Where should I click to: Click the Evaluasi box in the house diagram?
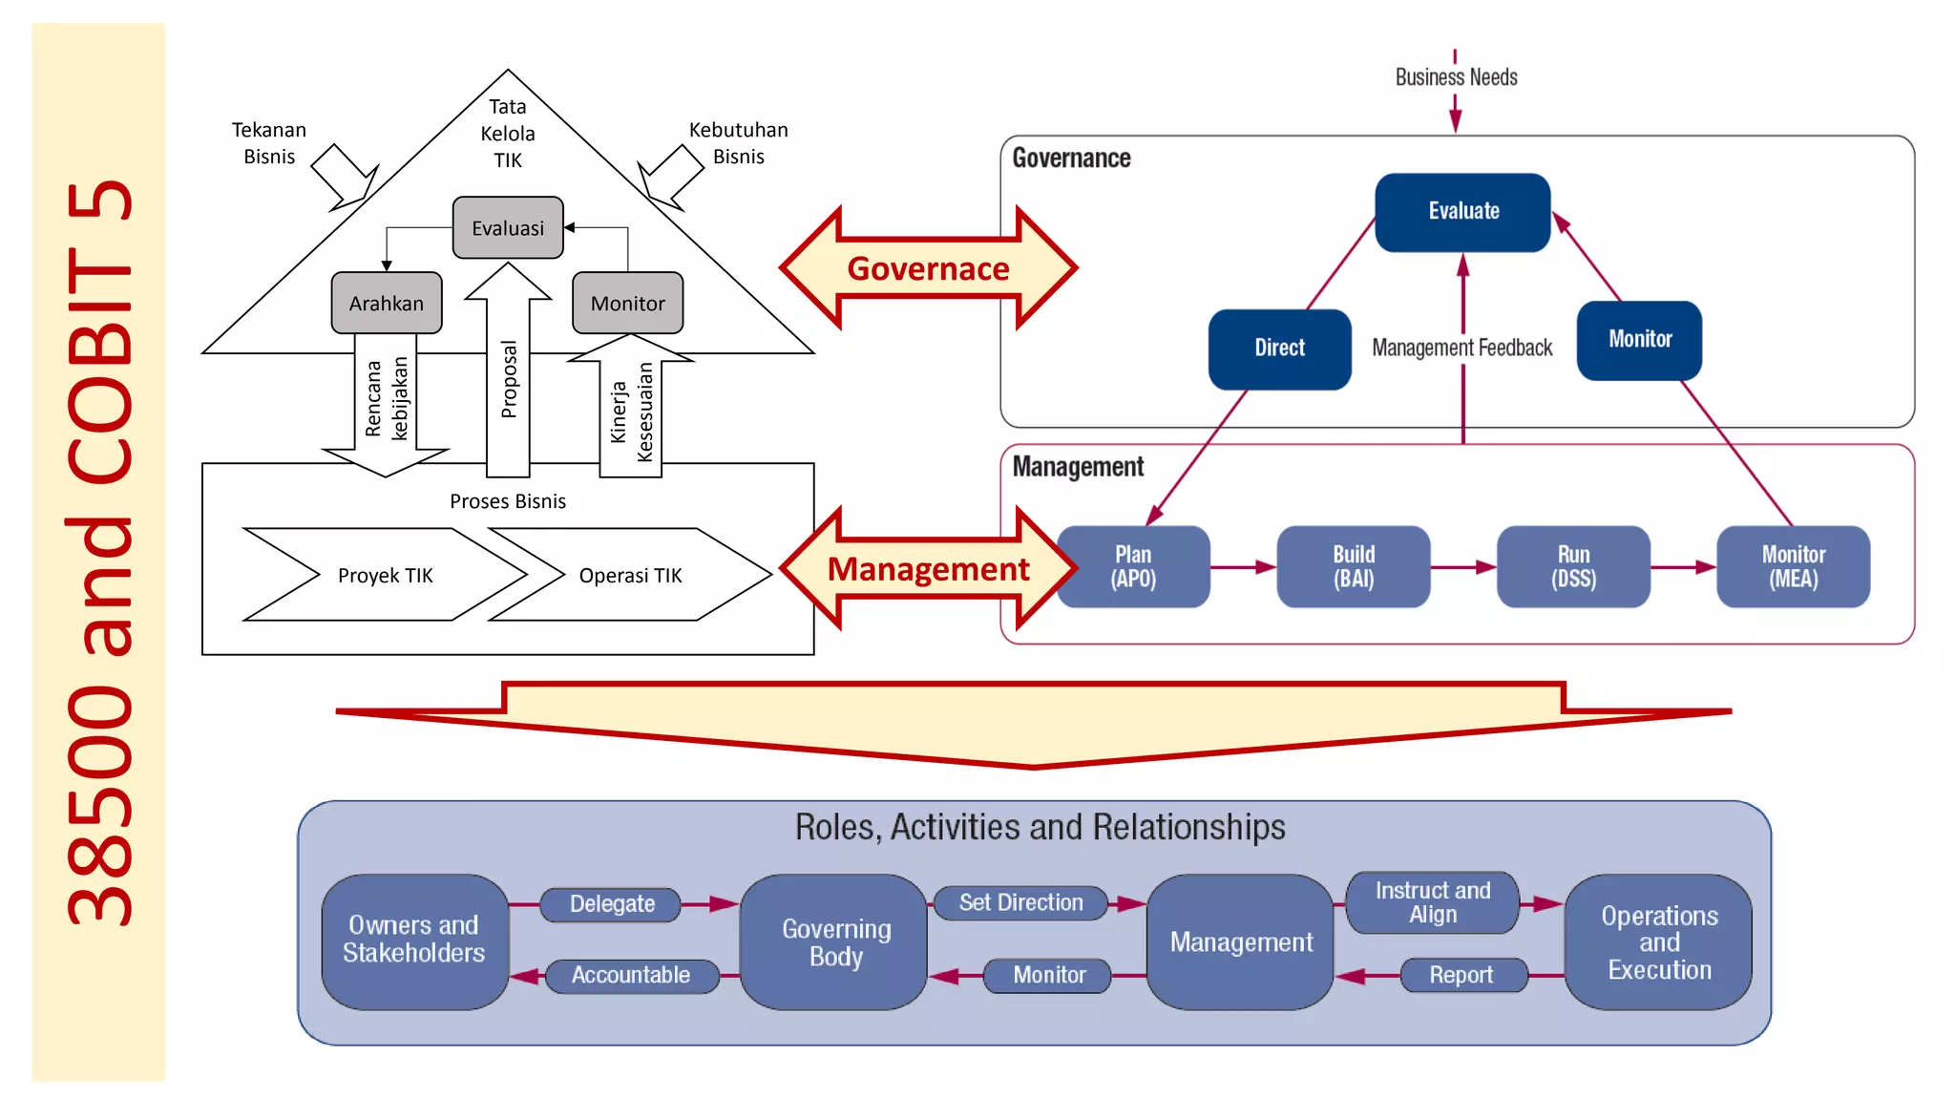click(x=508, y=228)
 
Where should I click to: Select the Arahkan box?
click(x=387, y=304)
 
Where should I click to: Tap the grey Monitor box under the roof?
click(x=627, y=304)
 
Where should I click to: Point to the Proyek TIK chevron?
click(x=385, y=575)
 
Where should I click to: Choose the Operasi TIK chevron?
click(x=630, y=575)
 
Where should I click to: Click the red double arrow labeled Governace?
click(x=928, y=268)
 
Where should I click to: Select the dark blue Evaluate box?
click(x=1462, y=212)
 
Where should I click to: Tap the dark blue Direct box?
click(x=1279, y=349)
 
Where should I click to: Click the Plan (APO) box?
click(x=1133, y=566)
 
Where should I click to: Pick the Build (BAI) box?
click(x=1353, y=566)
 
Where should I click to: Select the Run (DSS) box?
click(x=1573, y=566)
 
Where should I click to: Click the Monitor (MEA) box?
click(x=1793, y=566)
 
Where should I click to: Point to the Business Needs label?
click(x=1456, y=77)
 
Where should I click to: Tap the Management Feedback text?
click(x=1461, y=349)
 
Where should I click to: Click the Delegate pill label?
click(x=612, y=904)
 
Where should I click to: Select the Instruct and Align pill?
click(x=1432, y=902)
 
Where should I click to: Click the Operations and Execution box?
click(x=1658, y=942)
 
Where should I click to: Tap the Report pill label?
click(x=1461, y=975)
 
